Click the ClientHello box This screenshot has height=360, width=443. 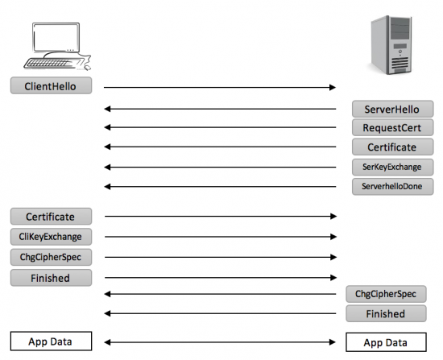[x=51, y=85]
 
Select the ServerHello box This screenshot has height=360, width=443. [x=393, y=109]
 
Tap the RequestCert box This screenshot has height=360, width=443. [x=393, y=127]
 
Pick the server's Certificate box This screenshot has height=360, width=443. [x=393, y=147]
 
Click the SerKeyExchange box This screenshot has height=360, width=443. [x=393, y=167]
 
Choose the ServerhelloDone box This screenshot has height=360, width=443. [x=393, y=187]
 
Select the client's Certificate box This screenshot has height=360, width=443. [x=51, y=217]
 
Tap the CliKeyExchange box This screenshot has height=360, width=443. [x=51, y=237]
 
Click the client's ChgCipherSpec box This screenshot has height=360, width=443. [x=51, y=257]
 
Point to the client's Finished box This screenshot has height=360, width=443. [x=51, y=278]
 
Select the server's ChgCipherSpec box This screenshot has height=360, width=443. [x=386, y=294]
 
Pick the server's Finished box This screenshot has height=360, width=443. [x=386, y=313]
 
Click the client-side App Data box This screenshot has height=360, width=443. [x=51, y=341]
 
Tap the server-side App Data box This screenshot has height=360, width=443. [x=386, y=342]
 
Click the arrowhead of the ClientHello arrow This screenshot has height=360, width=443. [x=333, y=87]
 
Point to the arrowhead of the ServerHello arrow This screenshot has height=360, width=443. [x=107, y=109]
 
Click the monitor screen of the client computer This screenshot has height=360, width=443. [x=56, y=37]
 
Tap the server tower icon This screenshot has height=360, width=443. [x=391, y=44]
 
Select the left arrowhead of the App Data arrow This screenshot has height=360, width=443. [x=107, y=342]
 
